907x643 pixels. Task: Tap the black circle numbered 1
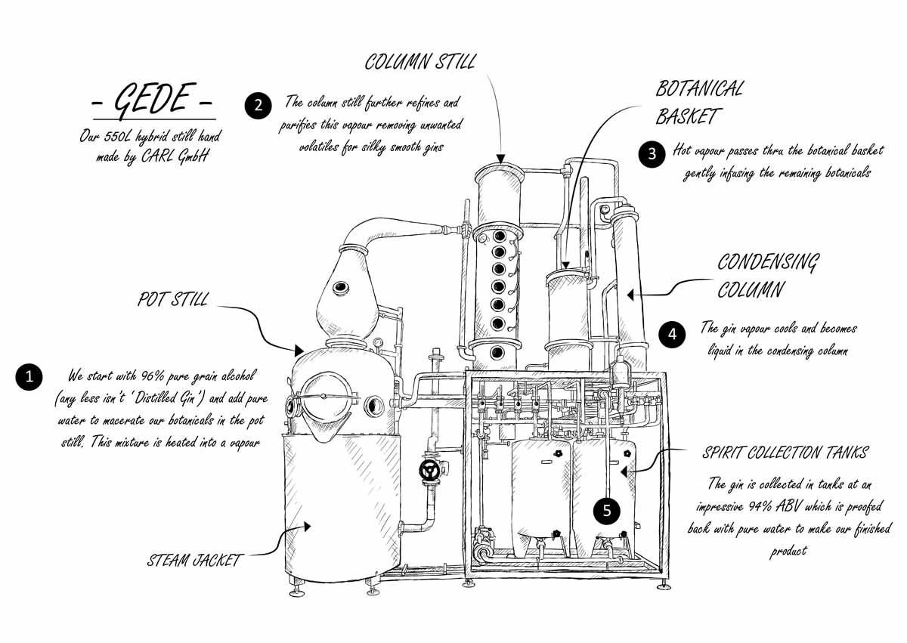click(29, 377)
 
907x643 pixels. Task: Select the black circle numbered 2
click(258, 105)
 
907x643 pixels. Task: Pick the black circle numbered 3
click(652, 153)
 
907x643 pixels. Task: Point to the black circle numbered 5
click(606, 511)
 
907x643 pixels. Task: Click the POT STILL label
click(172, 299)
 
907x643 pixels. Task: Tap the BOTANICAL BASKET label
click(698, 102)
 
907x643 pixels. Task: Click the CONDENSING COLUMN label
click(767, 276)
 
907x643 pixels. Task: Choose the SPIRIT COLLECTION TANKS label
click(785, 453)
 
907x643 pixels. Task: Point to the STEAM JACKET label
click(194, 560)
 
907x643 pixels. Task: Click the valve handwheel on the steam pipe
click(431, 471)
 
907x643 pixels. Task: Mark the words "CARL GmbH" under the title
click(181, 157)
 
